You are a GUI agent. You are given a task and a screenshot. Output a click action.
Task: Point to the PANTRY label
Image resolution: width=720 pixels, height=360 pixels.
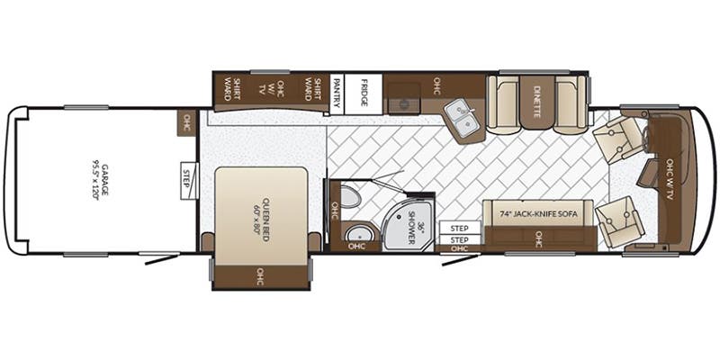pyautogui.click(x=337, y=93)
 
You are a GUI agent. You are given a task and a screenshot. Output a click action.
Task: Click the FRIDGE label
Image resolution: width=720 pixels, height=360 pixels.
pyautogui.click(x=364, y=93)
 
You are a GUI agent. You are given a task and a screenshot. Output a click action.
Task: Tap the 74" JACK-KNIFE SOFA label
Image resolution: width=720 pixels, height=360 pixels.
pyautogui.click(x=538, y=213)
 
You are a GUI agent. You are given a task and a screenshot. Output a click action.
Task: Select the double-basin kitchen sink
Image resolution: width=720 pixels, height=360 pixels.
pyautogui.click(x=464, y=120)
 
